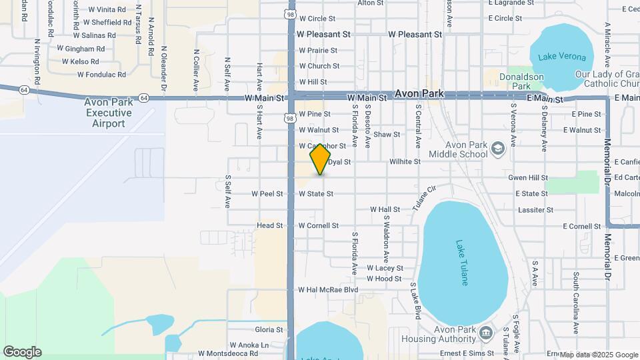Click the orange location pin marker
tap(320, 159)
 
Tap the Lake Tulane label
tap(462, 263)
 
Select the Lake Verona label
tap(561, 57)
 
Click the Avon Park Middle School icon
tap(497, 147)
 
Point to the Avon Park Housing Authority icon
tap(485, 333)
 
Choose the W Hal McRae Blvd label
tap(328, 290)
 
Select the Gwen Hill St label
tap(527, 178)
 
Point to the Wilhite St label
tap(405, 162)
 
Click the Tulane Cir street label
tap(423, 197)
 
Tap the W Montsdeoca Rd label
tap(228, 353)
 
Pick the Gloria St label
tap(269, 330)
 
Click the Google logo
tap(22, 352)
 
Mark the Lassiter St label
tap(535, 210)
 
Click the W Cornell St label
tap(319, 226)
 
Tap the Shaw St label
tap(387, 135)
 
